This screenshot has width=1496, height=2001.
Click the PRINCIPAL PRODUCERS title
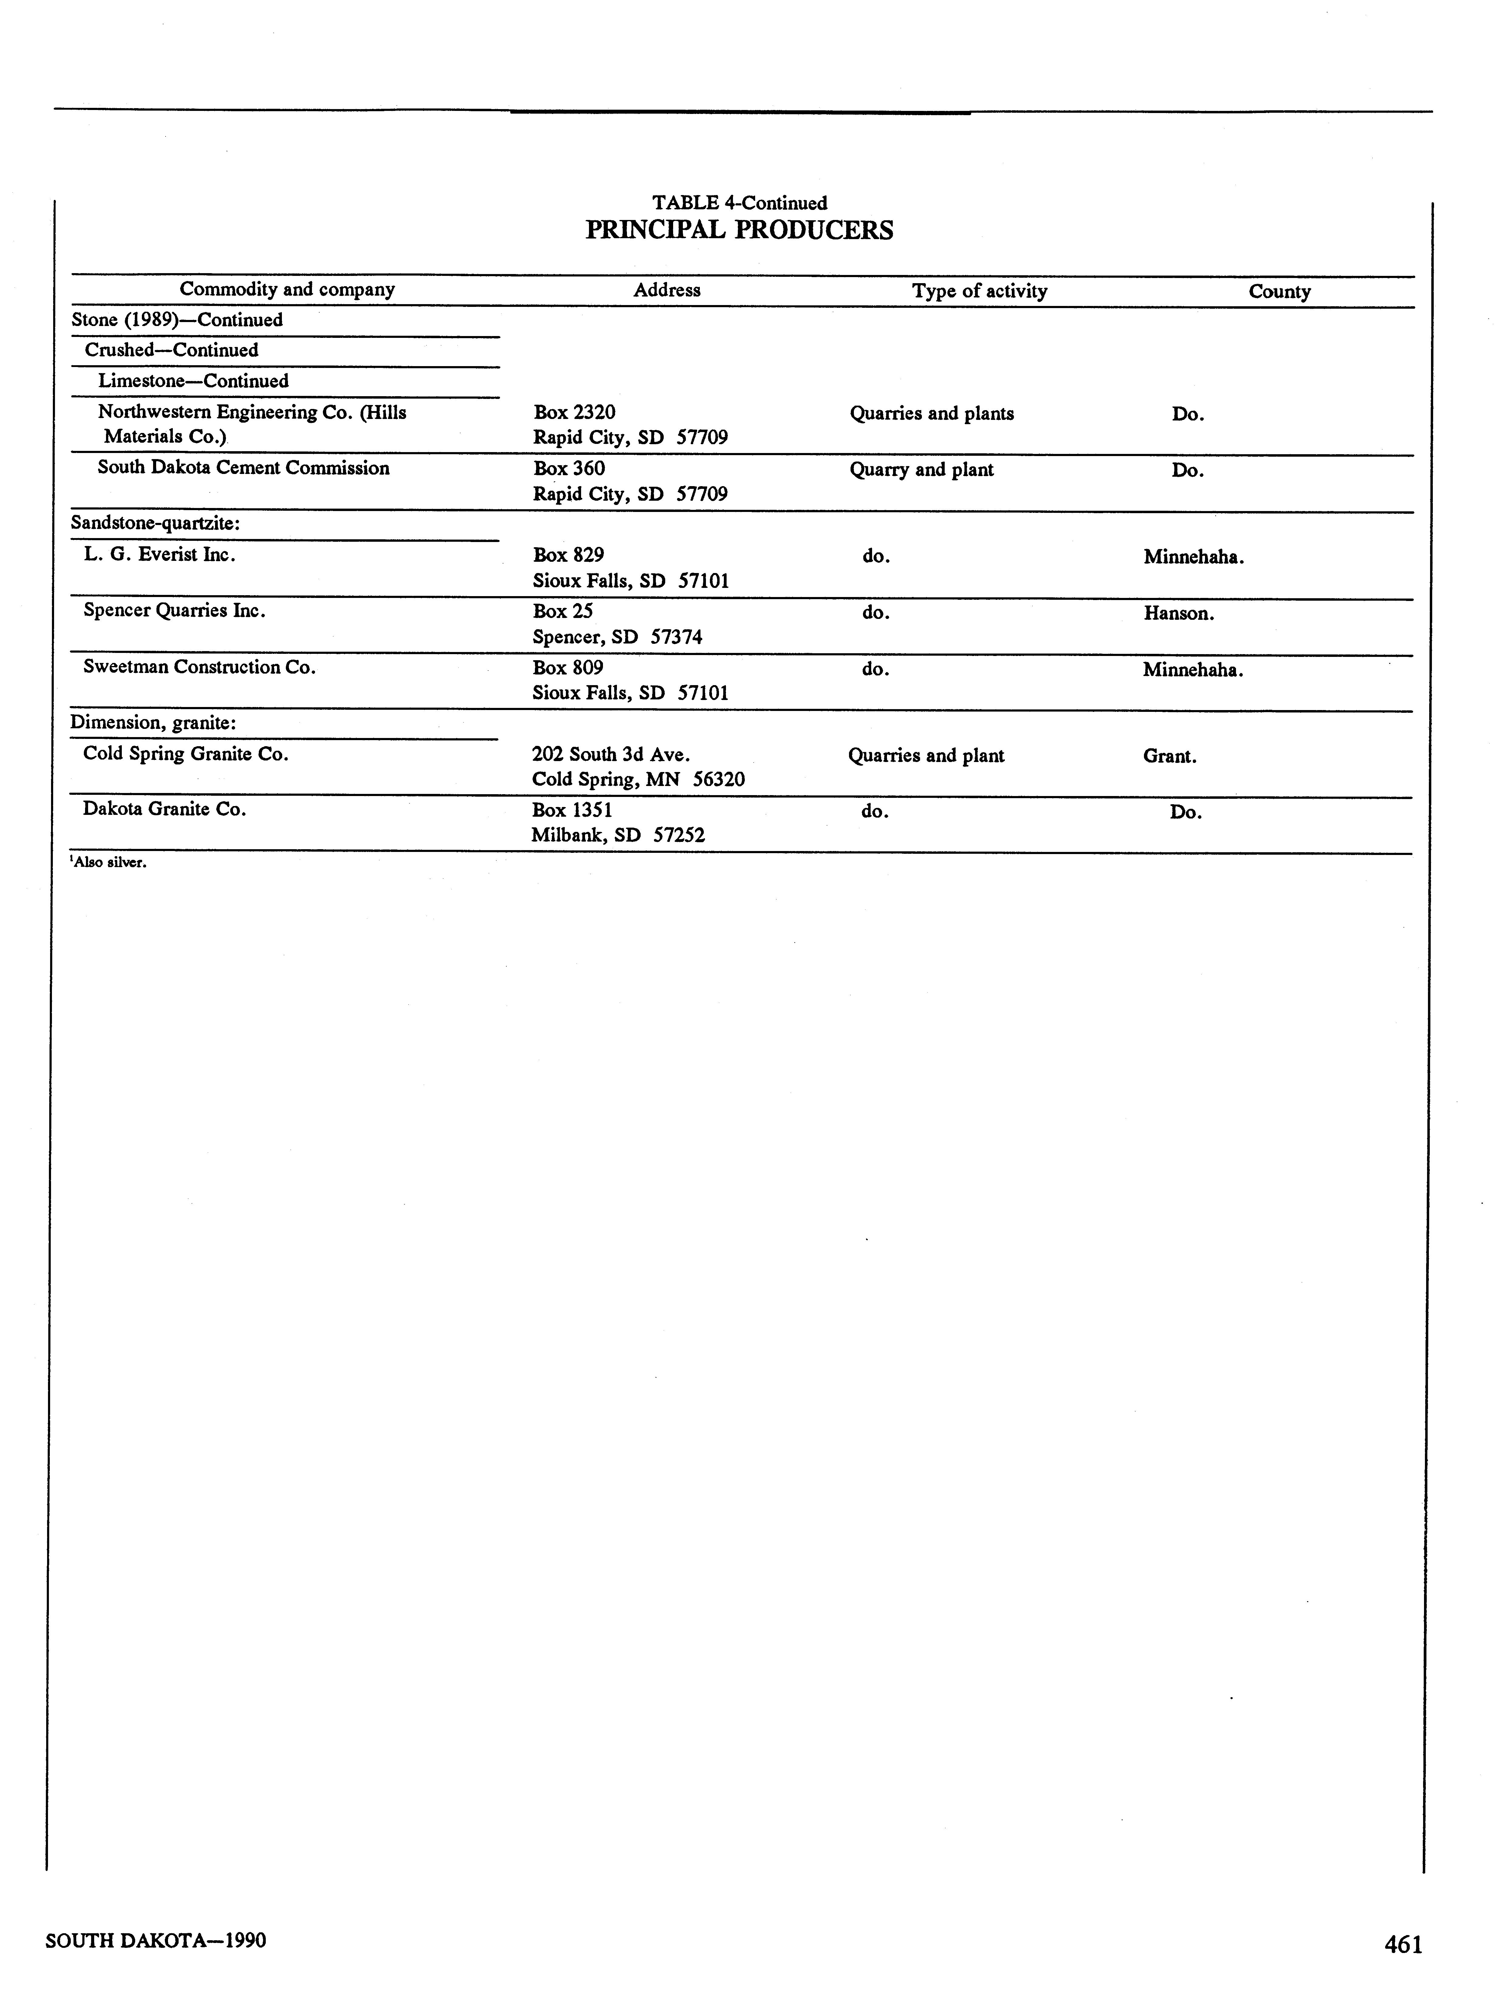(x=739, y=231)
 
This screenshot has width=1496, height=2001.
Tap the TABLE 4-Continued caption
(x=739, y=203)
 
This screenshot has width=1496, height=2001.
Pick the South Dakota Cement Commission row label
(x=243, y=468)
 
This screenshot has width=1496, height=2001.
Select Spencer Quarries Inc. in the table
(x=174, y=611)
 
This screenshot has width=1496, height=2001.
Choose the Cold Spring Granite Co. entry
(x=185, y=753)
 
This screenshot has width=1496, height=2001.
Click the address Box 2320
(x=574, y=413)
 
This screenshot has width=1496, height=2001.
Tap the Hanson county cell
(x=1178, y=613)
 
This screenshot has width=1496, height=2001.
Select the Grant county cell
(x=1169, y=756)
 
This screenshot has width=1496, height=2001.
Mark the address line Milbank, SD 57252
(x=618, y=835)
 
